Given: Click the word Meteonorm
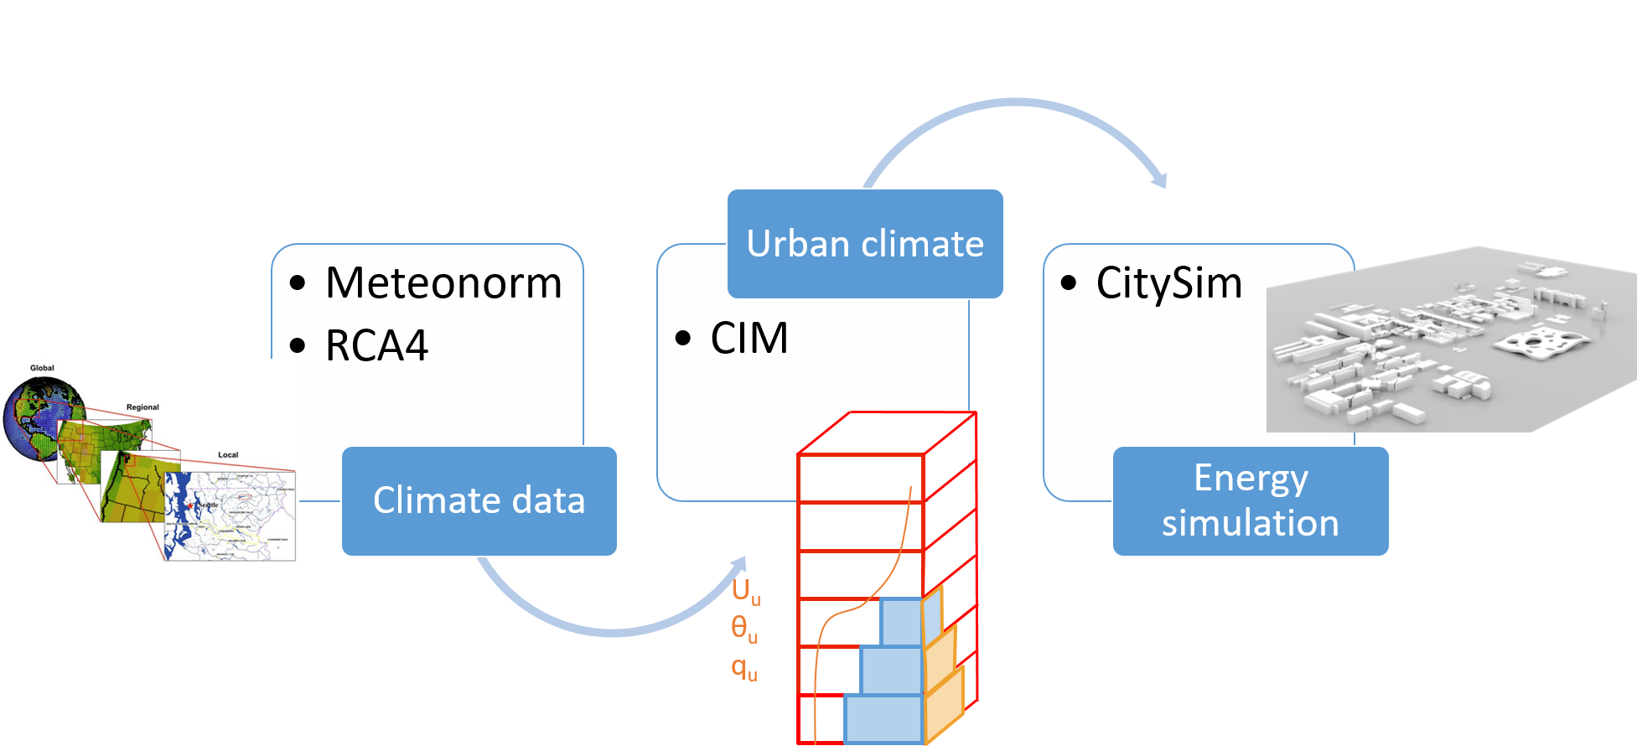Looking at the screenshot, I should click(443, 283).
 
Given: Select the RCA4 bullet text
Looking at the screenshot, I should click(376, 345).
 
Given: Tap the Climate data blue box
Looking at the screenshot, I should click(479, 501).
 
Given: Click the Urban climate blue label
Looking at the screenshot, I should click(865, 244).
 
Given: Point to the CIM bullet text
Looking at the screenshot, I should click(749, 339).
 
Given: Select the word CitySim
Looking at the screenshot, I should click(1168, 283).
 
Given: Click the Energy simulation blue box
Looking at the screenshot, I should click(1250, 501).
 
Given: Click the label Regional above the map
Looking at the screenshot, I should click(142, 407).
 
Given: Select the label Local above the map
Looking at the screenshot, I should click(228, 455).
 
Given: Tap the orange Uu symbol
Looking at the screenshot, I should click(745, 591).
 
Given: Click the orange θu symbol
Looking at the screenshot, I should click(743, 629).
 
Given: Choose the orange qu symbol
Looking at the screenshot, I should click(743, 669).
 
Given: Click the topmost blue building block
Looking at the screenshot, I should click(901, 622).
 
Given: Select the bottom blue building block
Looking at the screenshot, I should click(883, 718).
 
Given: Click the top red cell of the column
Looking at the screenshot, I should click(860, 478).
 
